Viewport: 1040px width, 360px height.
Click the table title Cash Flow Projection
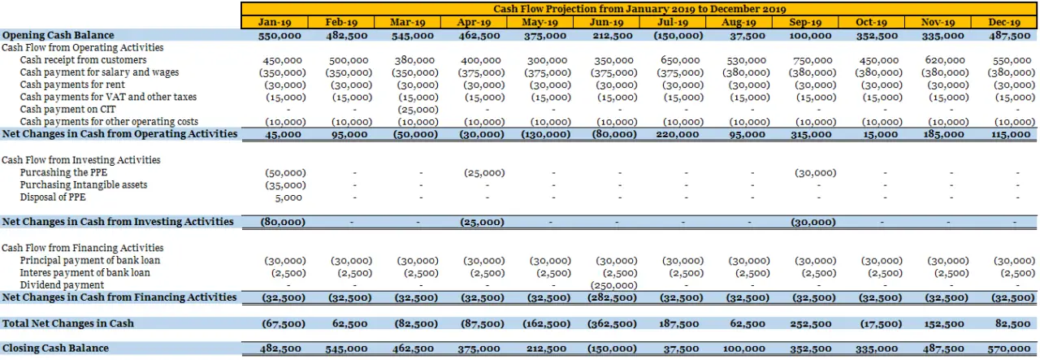(x=639, y=8)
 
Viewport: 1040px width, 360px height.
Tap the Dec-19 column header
(x=1004, y=22)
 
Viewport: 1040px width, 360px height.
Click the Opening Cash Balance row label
(x=58, y=35)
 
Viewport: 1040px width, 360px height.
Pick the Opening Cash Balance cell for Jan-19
(x=280, y=36)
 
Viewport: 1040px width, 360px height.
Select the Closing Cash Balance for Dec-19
(x=1012, y=349)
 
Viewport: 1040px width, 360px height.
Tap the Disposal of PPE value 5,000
(x=289, y=197)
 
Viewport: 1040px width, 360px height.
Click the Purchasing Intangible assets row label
(x=84, y=185)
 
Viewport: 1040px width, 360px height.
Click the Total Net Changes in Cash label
(x=67, y=323)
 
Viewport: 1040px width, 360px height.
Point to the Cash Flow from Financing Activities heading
(x=82, y=248)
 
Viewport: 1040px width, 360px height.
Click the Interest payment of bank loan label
(x=85, y=273)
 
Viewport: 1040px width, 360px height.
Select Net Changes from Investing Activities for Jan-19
(x=283, y=222)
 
